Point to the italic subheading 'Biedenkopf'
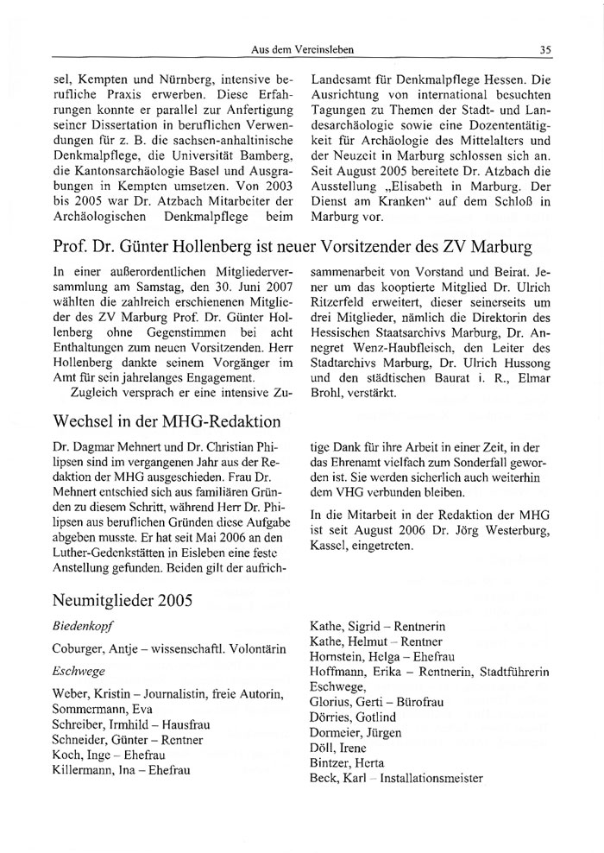click(x=84, y=622)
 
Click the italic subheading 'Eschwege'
click(x=77, y=670)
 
